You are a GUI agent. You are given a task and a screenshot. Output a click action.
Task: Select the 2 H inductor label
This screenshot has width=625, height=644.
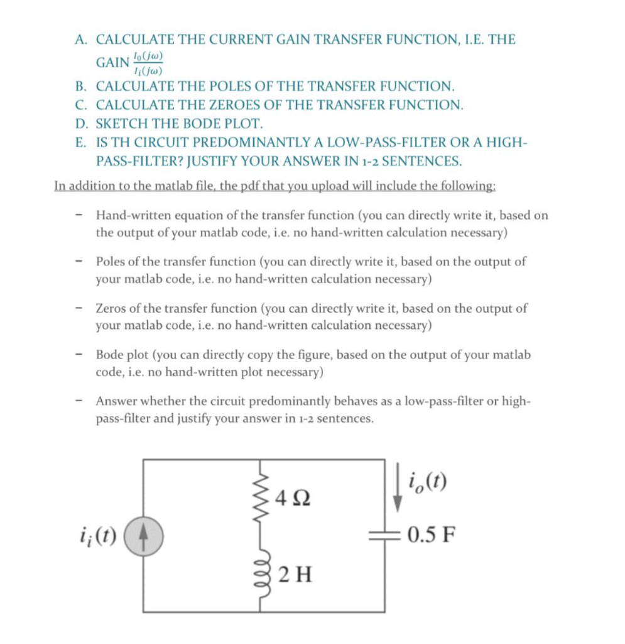click(x=293, y=574)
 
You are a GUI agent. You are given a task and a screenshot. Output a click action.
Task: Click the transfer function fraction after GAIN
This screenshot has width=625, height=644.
click(x=146, y=62)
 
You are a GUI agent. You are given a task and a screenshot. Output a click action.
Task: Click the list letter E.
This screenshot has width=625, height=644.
click(x=80, y=142)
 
